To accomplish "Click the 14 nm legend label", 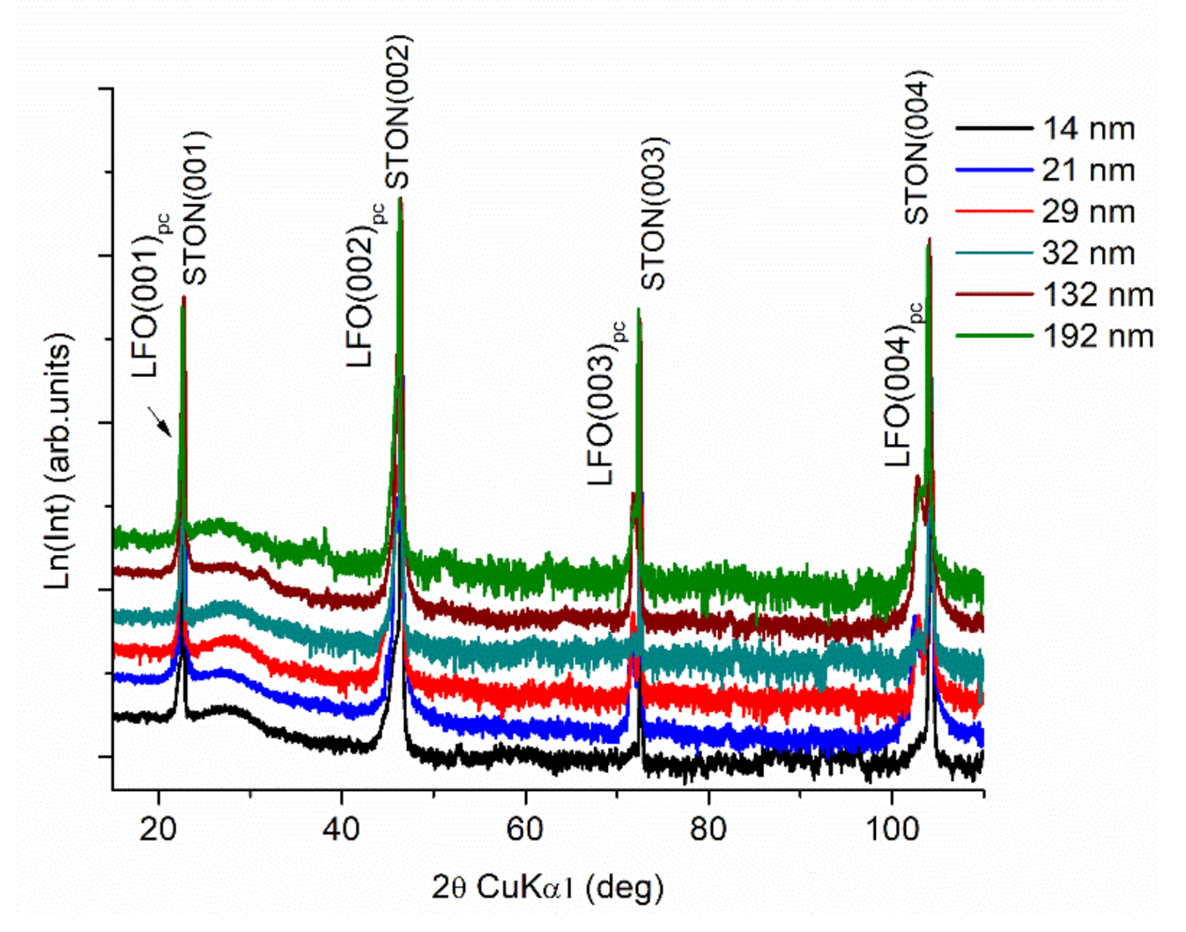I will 1088,129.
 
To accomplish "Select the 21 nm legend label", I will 1088,170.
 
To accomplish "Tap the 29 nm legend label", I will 1088,211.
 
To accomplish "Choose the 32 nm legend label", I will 1088,253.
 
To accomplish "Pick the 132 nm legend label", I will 1098,294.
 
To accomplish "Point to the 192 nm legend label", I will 1098,336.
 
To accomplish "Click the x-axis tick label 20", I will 159,829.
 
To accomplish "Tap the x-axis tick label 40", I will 342,829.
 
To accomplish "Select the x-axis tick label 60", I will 525,829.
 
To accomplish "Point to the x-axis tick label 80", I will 708,829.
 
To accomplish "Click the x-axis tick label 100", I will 892,829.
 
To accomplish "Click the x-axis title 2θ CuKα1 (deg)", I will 547,886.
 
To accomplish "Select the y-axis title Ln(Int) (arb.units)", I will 58,461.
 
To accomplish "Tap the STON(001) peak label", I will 195,208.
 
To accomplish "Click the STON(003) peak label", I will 653,213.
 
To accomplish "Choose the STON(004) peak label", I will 916,147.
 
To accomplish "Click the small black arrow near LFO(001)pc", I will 159,420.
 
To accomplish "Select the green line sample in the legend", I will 994,336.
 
